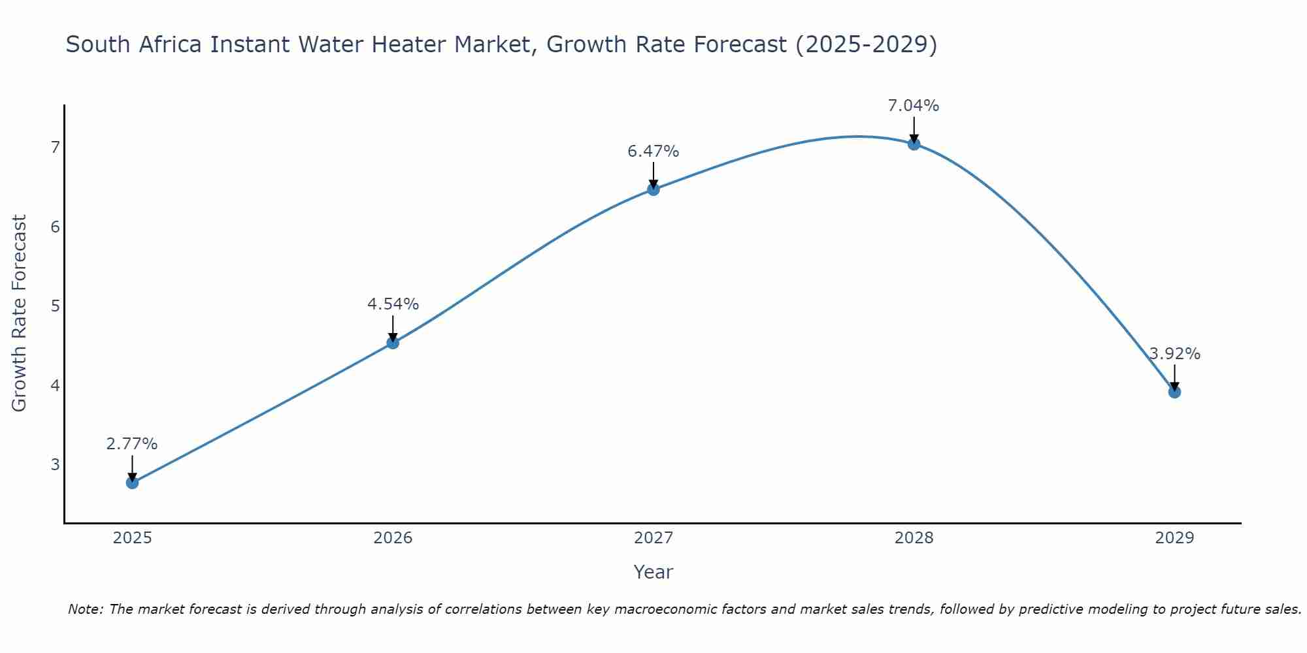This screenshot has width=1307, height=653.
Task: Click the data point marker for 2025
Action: (132, 483)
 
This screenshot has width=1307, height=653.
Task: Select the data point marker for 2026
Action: (393, 343)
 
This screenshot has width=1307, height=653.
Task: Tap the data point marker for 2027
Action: (653, 189)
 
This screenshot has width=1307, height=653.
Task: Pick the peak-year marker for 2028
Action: (914, 144)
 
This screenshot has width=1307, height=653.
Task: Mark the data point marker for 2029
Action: (1174, 392)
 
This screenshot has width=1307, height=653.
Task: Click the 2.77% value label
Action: (132, 444)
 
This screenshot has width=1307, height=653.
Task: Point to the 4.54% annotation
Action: (393, 304)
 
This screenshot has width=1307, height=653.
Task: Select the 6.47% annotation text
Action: (653, 151)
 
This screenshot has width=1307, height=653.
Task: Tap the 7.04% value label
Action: (914, 106)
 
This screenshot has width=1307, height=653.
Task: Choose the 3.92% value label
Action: (1174, 354)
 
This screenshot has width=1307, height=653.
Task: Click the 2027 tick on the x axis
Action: (653, 538)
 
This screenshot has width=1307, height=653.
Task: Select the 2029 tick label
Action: (1174, 538)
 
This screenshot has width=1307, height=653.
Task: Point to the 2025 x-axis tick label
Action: (132, 538)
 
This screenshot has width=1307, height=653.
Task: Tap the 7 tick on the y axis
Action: (55, 147)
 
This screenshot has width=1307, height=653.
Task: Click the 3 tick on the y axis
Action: (55, 464)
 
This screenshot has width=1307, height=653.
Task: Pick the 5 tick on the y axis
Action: (55, 306)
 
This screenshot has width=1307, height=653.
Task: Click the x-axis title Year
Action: (653, 572)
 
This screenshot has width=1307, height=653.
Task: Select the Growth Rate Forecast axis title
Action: (20, 313)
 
